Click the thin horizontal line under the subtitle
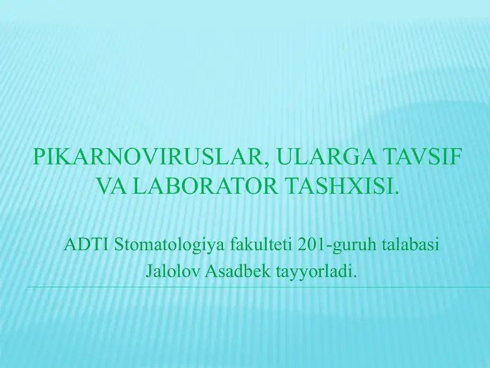(245, 286)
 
